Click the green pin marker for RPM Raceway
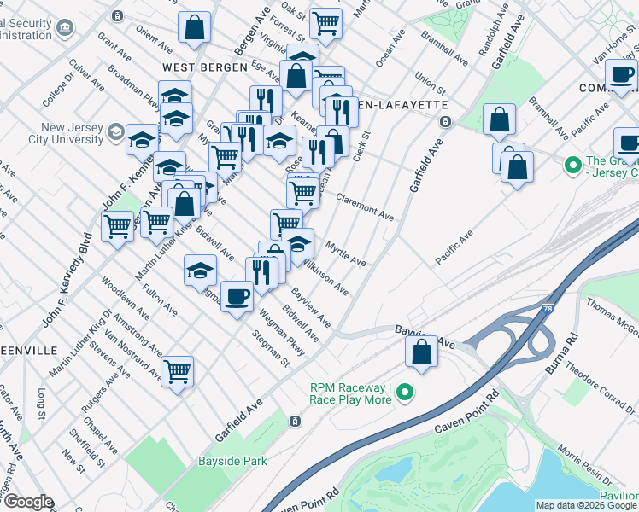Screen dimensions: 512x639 [x=404, y=393]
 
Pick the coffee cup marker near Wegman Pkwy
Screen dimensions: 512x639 [x=237, y=296]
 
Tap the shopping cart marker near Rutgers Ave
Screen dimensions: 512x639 [x=177, y=371]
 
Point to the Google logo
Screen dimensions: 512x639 [x=27, y=503]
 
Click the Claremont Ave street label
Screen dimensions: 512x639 [x=364, y=207]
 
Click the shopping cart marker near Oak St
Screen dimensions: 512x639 [x=325, y=23]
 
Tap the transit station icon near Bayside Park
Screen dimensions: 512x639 [x=295, y=421]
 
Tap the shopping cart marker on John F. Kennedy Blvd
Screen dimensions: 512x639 [x=117, y=227]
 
